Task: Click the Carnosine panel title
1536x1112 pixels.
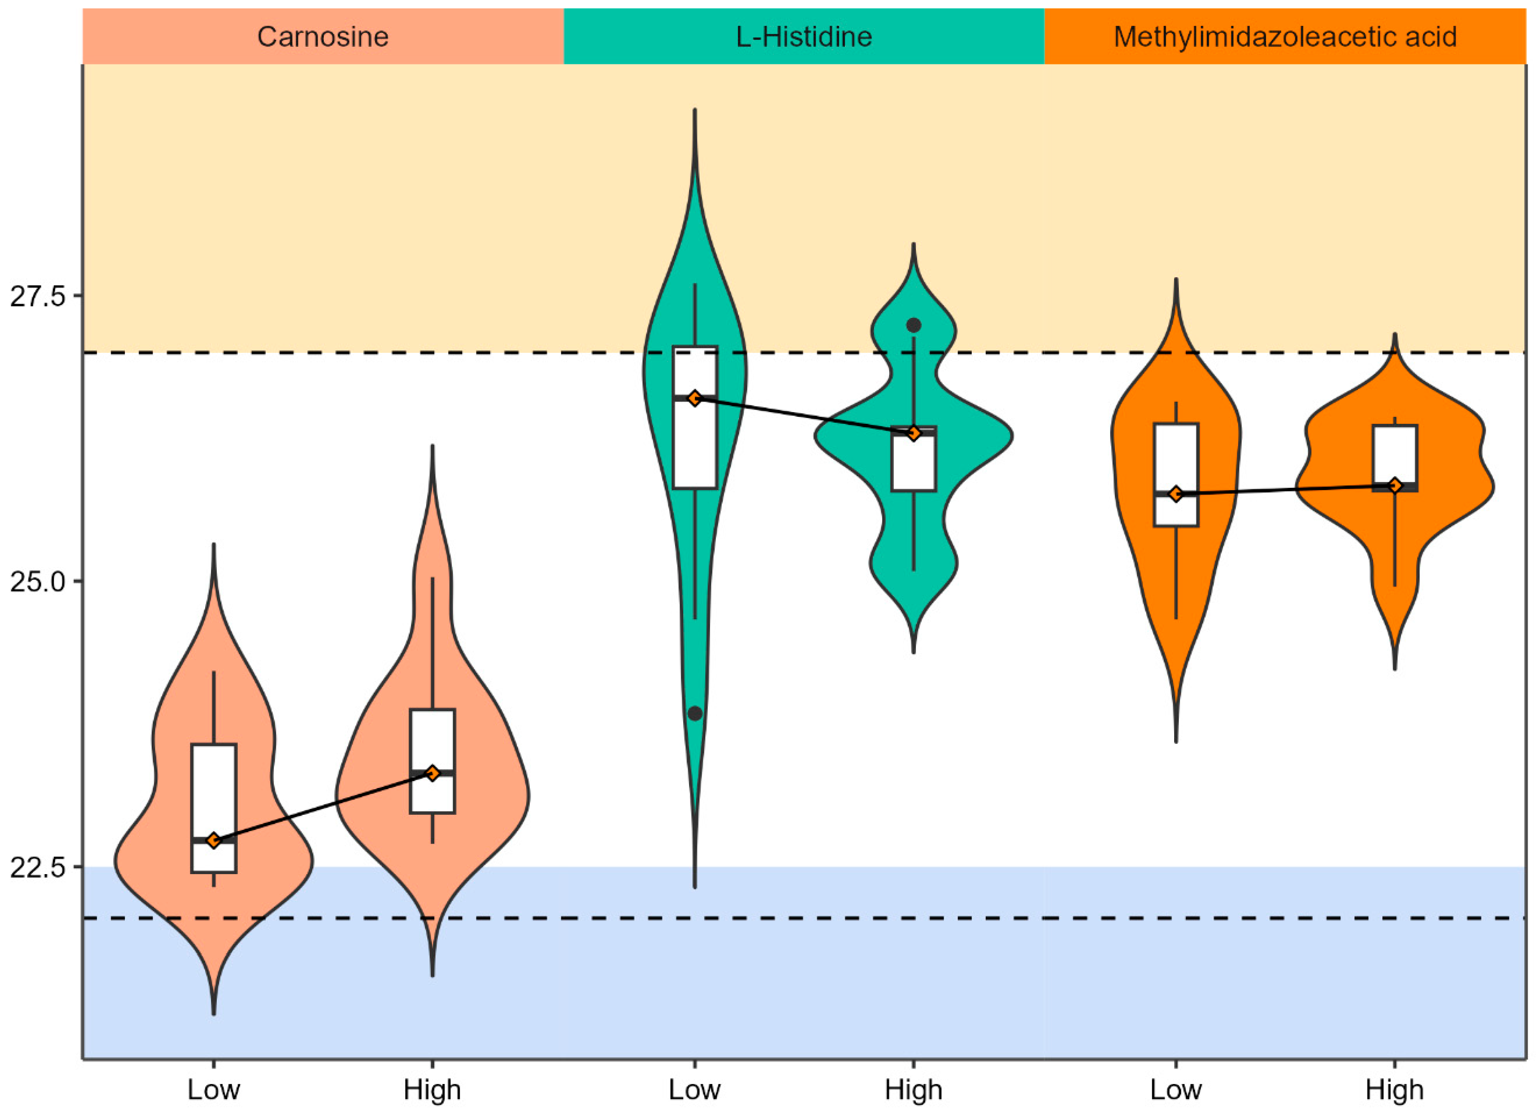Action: (x=323, y=37)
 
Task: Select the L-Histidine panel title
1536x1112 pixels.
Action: (x=804, y=37)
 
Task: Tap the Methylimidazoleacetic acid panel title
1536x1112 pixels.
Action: (x=1285, y=37)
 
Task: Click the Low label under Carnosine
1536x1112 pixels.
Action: (x=214, y=1090)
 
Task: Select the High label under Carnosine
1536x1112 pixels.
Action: (x=432, y=1090)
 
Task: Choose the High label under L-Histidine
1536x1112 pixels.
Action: (x=913, y=1090)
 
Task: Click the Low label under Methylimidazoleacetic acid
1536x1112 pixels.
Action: (x=1176, y=1090)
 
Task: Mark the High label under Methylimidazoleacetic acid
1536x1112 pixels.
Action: (x=1394, y=1090)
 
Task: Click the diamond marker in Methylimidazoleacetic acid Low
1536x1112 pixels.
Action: (x=1176, y=494)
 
